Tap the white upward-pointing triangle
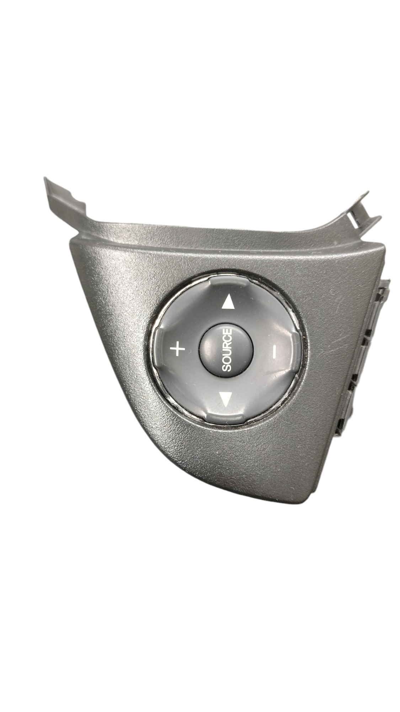click(228, 303)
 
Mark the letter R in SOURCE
click(227, 346)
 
